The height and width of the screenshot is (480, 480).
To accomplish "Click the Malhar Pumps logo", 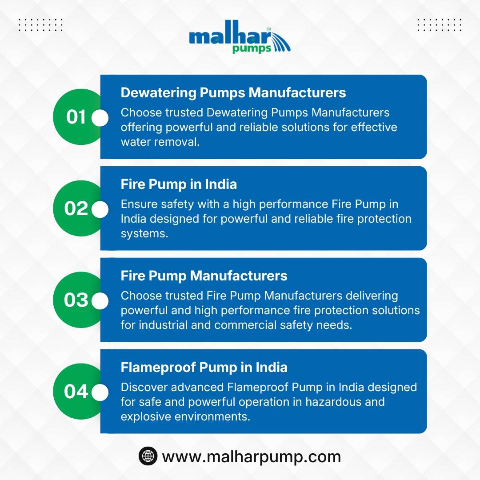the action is click(240, 37).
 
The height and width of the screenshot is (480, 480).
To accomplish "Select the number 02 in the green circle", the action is click(76, 208).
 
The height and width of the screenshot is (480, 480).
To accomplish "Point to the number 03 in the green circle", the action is click(76, 300).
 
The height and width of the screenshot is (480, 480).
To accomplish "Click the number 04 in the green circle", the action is click(76, 391).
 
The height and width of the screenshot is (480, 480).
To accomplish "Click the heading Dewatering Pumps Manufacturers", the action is click(233, 92).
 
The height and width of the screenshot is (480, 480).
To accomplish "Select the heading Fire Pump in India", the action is click(179, 184).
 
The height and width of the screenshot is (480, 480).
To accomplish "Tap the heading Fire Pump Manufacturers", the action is click(204, 276).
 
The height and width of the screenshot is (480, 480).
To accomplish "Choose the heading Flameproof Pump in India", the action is click(204, 368).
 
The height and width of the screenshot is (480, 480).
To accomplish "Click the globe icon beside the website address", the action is click(148, 456).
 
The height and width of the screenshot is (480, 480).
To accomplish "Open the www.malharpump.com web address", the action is click(251, 457).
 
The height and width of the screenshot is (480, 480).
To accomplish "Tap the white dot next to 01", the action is click(100, 118).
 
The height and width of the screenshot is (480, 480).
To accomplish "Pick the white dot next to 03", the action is click(100, 301).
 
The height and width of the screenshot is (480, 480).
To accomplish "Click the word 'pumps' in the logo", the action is click(252, 49).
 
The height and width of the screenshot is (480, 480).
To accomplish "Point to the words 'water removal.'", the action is click(160, 142).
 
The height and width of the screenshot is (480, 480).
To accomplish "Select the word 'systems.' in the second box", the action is click(144, 234).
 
